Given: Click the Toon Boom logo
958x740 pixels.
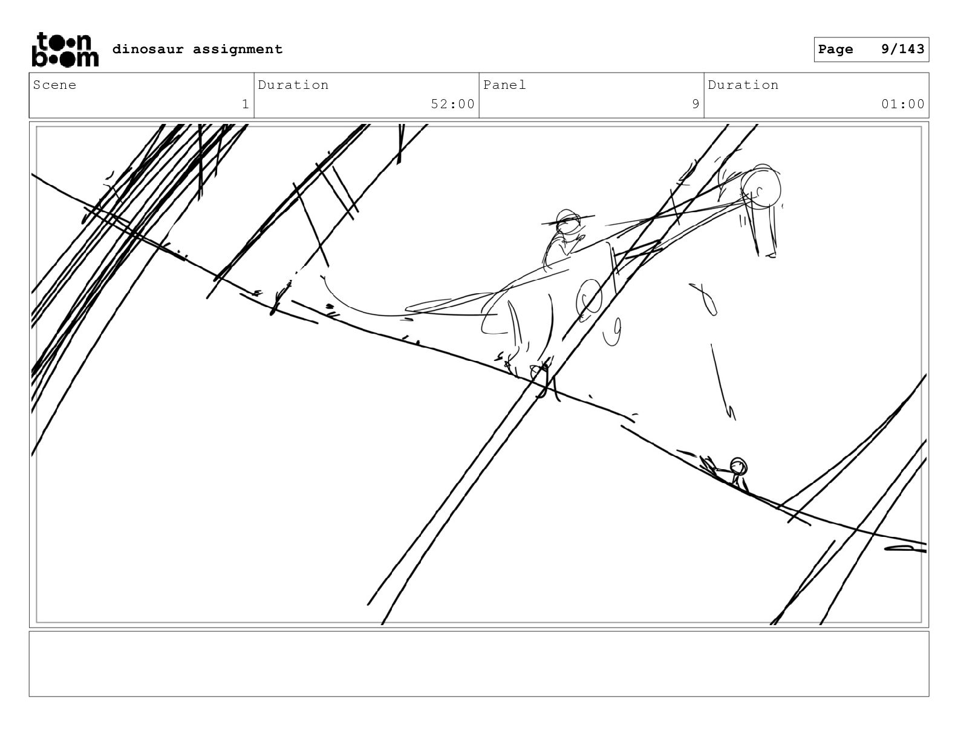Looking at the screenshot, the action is [65, 50].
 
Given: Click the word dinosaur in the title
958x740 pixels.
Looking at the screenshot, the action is [148, 49].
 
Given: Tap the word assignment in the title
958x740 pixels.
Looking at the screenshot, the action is [238, 50].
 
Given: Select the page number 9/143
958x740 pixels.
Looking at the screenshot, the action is [902, 49].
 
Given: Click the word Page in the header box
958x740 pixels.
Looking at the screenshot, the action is [835, 50].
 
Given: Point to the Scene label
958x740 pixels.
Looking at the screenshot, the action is [54, 85].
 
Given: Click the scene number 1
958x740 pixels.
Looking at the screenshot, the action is [246, 104].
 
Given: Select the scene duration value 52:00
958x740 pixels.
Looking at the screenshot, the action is [453, 104].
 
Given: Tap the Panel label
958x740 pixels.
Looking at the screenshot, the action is [504, 85].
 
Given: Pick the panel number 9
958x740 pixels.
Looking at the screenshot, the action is [696, 104].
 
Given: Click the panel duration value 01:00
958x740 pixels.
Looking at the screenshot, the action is [903, 104].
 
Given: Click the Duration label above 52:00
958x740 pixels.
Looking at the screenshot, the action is [293, 85].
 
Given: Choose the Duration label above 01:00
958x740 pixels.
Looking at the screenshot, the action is [743, 85].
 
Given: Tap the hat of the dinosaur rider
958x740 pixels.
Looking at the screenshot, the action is [569, 219].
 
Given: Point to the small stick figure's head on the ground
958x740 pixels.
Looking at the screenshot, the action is [738, 466].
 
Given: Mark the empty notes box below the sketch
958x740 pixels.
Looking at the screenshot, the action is [479, 664].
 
